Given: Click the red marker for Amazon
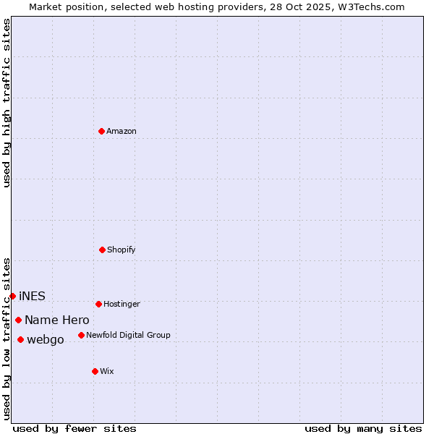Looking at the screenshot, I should [101, 131].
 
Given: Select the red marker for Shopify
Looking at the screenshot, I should [102, 250].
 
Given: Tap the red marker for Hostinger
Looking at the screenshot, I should [98, 304].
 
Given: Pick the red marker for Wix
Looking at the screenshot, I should [95, 371].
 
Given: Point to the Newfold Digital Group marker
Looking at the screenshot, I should [81, 335].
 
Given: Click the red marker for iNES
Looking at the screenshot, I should [12, 296].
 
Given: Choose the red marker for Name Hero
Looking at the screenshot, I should [18, 320].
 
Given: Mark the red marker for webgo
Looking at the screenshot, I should [20, 339].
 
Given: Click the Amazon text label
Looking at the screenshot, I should [121, 131].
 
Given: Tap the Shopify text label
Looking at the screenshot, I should [121, 250].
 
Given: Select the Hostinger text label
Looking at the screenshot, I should [122, 304].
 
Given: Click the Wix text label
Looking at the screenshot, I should [106, 371].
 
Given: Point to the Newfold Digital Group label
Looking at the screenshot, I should [128, 335].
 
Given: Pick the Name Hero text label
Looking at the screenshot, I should [56, 320].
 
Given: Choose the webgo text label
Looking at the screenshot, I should [45, 339].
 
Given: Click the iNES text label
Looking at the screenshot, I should [32, 296].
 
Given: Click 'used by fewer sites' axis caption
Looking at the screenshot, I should [75, 428].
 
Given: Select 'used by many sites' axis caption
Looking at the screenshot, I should [363, 428].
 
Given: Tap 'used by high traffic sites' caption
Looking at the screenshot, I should [7, 103].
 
